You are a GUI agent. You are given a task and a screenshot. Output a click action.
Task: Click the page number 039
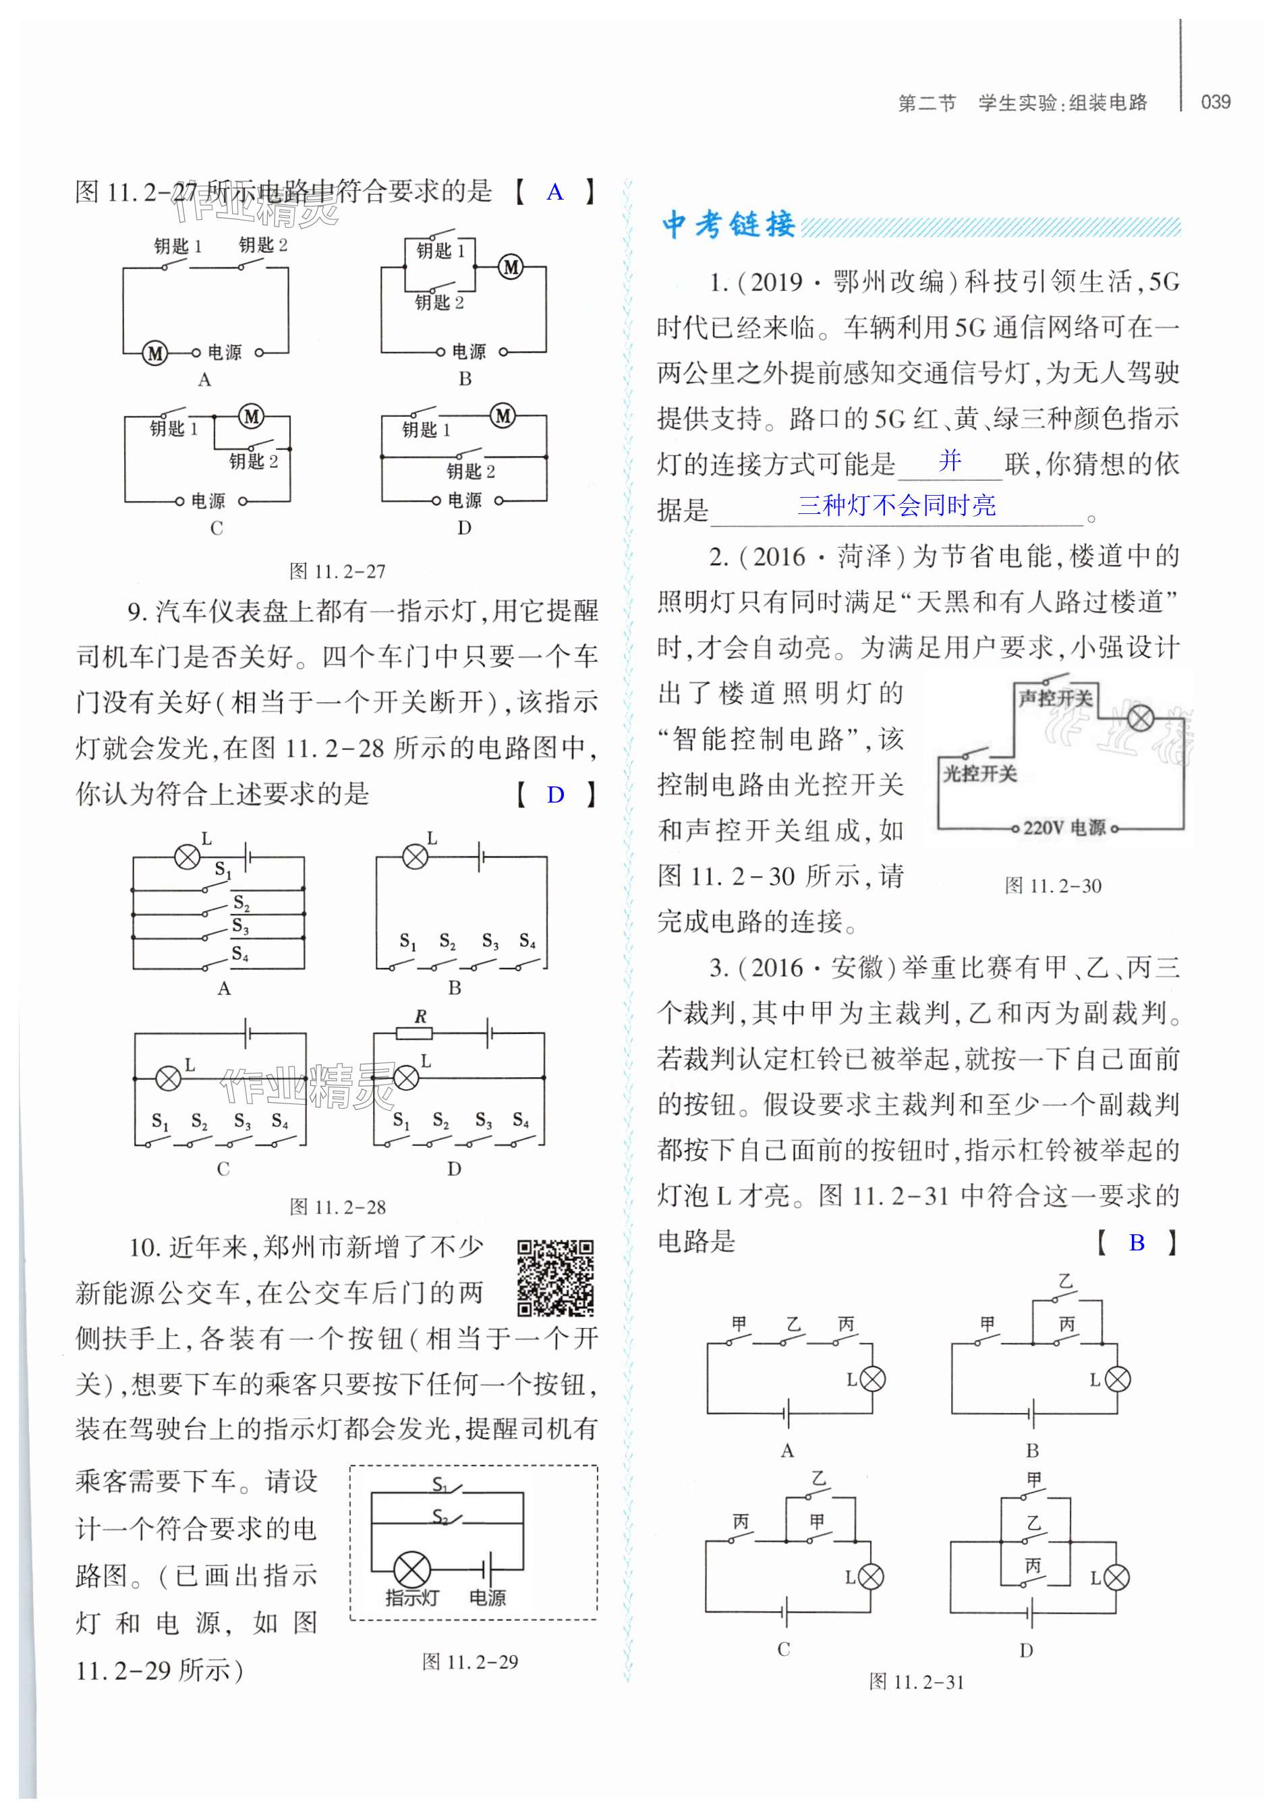pyautogui.click(x=1215, y=102)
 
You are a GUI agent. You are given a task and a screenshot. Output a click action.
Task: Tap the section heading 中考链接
pyautogui.click(x=728, y=225)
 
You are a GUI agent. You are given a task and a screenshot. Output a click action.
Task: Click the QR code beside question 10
pyautogui.click(x=555, y=1277)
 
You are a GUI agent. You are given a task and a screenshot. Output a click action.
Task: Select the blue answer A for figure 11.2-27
pyautogui.click(x=555, y=192)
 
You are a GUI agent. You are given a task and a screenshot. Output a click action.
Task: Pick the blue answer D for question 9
pyautogui.click(x=556, y=795)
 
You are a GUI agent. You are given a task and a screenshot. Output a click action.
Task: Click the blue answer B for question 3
pyautogui.click(x=1137, y=1242)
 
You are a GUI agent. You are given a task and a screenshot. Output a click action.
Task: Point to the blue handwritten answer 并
pyautogui.click(x=950, y=460)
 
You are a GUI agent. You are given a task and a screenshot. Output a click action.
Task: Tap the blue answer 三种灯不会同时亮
pyautogui.click(x=896, y=505)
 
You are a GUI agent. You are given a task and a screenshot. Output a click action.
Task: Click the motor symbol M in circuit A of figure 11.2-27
pyautogui.click(x=155, y=353)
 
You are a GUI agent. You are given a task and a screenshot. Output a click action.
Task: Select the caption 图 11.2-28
pyautogui.click(x=337, y=1207)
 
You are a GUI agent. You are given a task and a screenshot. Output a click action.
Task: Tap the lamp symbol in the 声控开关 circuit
pyautogui.click(x=1140, y=718)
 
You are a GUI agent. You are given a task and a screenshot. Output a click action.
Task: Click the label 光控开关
pyautogui.click(x=979, y=773)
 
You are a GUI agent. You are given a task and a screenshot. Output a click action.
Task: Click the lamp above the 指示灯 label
pyautogui.click(x=411, y=1569)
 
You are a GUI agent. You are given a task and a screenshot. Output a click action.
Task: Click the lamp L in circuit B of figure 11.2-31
pyautogui.click(x=1118, y=1379)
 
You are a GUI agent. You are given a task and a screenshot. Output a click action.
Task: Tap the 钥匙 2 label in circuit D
pyautogui.click(x=470, y=471)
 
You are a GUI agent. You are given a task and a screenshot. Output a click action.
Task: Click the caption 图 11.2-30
pyautogui.click(x=1053, y=886)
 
